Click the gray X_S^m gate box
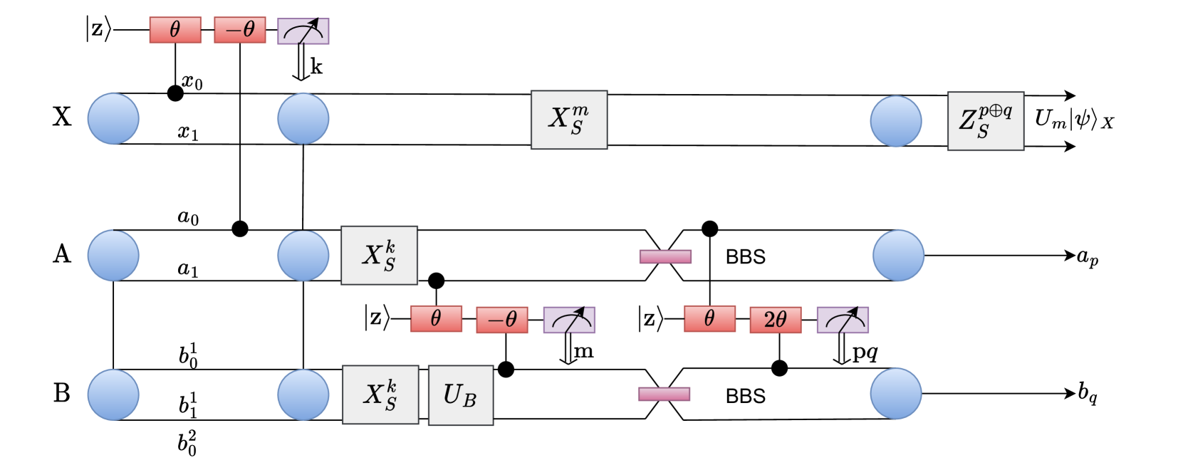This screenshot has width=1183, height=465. click(569, 120)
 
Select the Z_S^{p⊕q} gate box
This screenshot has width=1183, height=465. click(986, 120)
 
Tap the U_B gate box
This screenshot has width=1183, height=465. click(461, 395)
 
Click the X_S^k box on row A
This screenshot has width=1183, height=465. click(379, 255)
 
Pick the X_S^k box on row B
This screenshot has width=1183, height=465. click(380, 395)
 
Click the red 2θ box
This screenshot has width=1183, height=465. click(776, 320)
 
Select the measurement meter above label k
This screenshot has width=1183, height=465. click(303, 31)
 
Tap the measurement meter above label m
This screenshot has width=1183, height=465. click(569, 320)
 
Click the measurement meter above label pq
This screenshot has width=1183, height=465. click(843, 320)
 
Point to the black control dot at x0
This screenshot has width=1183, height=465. click(174, 93)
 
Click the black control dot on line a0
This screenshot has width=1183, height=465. click(240, 229)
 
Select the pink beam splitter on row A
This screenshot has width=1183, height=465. click(665, 256)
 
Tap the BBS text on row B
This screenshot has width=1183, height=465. click(745, 396)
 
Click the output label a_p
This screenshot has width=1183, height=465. click(1087, 257)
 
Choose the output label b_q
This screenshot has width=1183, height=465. click(1087, 393)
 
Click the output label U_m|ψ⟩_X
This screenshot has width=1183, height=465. click(1073, 120)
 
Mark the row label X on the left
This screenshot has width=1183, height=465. click(62, 117)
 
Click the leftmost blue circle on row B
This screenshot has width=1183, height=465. click(113, 395)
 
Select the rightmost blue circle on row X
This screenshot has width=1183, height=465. click(896, 120)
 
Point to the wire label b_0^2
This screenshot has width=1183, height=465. click(187, 443)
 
